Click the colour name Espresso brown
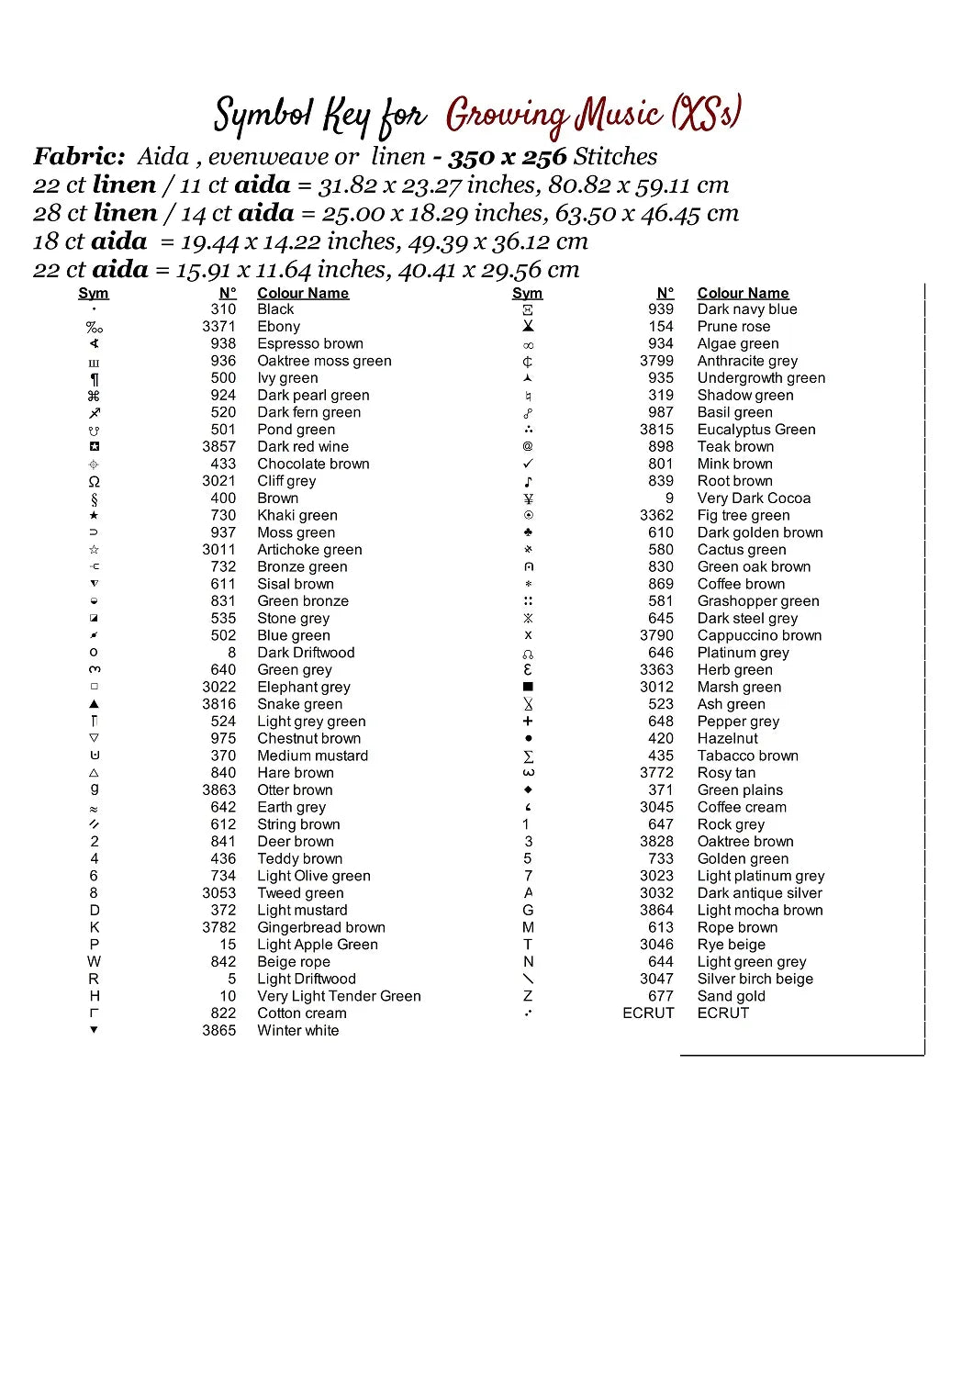[x=310, y=343]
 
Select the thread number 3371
[x=218, y=326]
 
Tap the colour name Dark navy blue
[x=746, y=309]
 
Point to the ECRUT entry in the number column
[x=648, y=1013]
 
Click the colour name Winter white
[x=297, y=1030]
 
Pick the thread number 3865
[x=218, y=1030]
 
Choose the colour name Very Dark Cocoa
[x=754, y=498]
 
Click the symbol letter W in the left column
[x=94, y=961]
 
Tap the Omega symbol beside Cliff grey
[x=94, y=481]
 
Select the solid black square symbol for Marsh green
[x=528, y=687]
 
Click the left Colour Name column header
[x=303, y=293]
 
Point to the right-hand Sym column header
[x=527, y=293]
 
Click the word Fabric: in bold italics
[x=79, y=157]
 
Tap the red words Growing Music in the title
[x=554, y=115]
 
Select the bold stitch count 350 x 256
[x=507, y=157]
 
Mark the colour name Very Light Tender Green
[x=339, y=996]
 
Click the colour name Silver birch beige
[x=755, y=979]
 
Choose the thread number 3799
[x=656, y=361]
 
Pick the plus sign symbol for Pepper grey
[x=528, y=722]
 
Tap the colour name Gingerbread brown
[x=320, y=927]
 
